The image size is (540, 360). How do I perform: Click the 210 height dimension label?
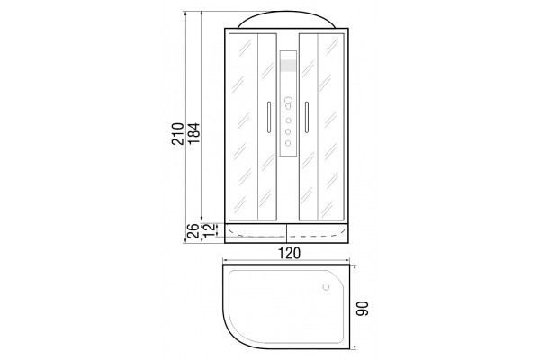(178, 133)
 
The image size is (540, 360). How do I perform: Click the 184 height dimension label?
(193, 133)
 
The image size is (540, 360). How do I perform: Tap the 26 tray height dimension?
(193, 230)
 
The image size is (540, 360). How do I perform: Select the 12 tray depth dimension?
(210, 229)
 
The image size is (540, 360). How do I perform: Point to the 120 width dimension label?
(289, 253)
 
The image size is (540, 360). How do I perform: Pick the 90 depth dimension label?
(363, 309)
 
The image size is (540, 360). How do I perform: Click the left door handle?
(268, 117)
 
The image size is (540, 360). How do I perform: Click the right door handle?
(307, 117)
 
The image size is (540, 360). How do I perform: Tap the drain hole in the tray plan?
(326, 287)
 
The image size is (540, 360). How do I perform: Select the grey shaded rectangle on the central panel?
(288, 66)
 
